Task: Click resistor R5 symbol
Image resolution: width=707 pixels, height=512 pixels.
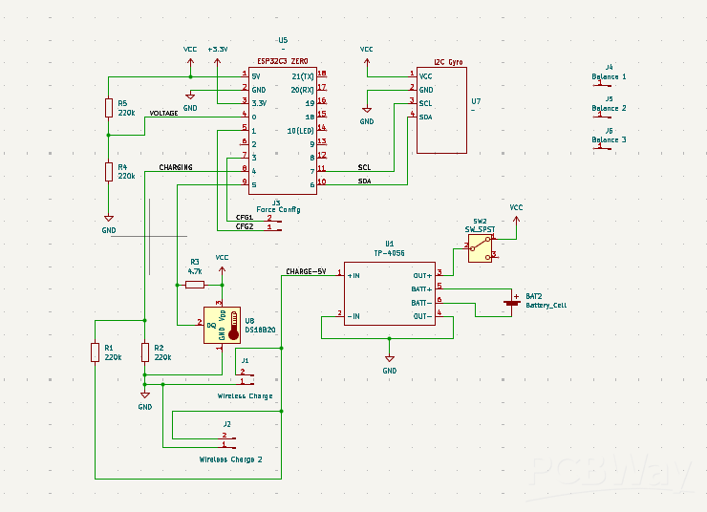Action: click(109, 108)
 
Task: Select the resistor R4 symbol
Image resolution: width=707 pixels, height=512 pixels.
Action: click(109, 171)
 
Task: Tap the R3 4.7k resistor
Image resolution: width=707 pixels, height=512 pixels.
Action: click(194, 285)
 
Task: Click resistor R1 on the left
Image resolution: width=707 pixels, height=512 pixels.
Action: click(96, 352)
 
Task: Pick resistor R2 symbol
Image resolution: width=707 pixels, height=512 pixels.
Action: click(145, 352)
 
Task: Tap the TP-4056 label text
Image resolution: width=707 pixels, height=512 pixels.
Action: click(389, 254)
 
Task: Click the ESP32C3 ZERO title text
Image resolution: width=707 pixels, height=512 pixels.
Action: click(282, 60)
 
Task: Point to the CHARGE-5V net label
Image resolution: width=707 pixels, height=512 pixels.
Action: click(306, 271)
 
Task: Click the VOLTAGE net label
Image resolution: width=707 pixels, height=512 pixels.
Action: click(163, 113)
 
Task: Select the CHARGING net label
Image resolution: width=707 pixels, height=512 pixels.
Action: click(175, 167)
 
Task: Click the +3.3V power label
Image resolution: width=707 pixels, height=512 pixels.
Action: click(218, 49)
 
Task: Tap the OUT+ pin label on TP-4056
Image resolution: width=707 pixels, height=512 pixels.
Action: click(421, 275)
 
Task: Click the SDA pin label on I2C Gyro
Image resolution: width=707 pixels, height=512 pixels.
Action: click(425, 117)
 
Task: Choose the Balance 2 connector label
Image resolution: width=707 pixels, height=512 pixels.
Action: click(609, 108)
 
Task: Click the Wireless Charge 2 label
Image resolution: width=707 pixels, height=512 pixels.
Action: click(230, 459)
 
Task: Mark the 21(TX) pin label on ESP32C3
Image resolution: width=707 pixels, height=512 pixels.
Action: click(302, 75)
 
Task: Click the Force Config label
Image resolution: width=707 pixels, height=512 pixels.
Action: click(278, 209)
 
